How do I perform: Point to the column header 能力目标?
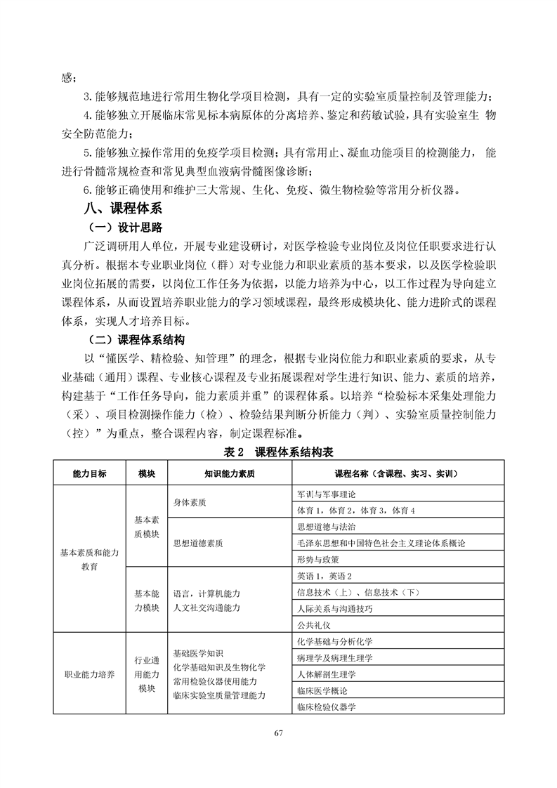(89, 473)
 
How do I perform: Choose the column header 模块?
(146, 473)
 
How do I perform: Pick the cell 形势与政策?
(318, 560)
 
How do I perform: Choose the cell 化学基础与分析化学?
(335, 642)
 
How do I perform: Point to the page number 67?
(278, 734)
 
